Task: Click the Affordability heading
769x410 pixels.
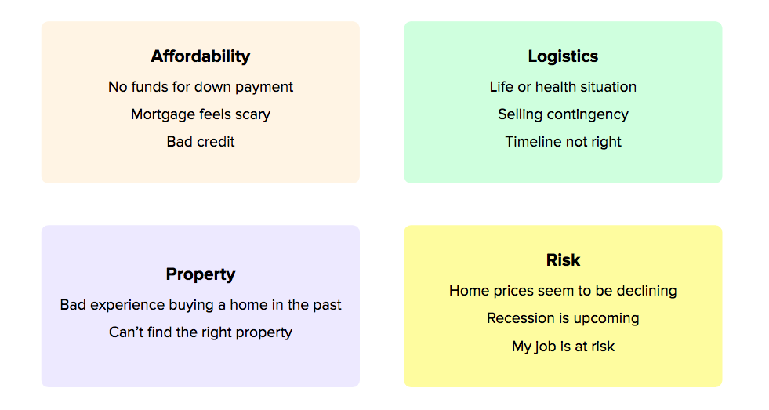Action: pyautogui.click(x=200, y=56)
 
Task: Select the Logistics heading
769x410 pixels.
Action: pyautogui.click(x=563, y=56)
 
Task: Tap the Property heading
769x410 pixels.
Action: pyautogui.click(x=200, y=274)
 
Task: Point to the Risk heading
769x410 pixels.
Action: pyautogui.click(x=563, y=260)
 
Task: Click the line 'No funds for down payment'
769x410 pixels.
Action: pyautogui.click(x=201, y=87)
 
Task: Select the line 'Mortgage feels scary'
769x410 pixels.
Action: pyautogui.click(x=201, y=114)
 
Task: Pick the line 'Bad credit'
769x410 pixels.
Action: pyautogui.click(x=201, y=142)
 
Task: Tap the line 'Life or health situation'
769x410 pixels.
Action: pyautogui.click(x=563, y=87)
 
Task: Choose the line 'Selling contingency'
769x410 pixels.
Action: pyautogui.click(x=563, y=114)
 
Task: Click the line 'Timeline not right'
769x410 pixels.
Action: pyautogui.click(x=563, y=142)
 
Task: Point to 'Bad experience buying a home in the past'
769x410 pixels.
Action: pyautogui.click(x=201, y=305)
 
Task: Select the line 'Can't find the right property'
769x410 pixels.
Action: pyautogui.click(x=201, y=332)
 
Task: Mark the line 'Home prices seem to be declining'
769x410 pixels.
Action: pyautogui.click(x=563, y=291)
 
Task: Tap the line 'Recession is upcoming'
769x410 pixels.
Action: pyautogui.click(x=563, y=319)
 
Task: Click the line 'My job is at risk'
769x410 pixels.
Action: pyautogui.click(x=563, y=347)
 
